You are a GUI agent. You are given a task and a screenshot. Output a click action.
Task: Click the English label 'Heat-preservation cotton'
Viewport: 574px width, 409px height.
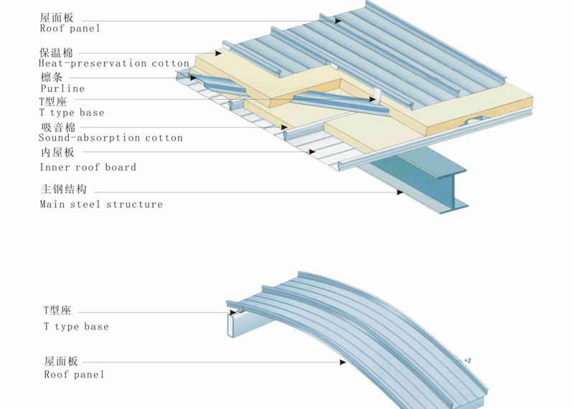[113, 64]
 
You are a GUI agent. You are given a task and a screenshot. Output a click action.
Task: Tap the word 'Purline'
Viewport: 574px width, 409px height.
[62, 89]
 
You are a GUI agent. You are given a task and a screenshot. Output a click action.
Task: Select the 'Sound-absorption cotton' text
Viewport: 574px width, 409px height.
[111, 138]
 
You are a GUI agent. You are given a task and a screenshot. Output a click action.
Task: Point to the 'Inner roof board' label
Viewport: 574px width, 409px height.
[88, 167]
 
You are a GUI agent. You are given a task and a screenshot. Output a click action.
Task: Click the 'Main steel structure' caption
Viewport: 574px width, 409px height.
[101, 204]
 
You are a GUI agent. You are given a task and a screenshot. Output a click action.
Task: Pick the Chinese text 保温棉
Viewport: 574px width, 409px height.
[57, 52]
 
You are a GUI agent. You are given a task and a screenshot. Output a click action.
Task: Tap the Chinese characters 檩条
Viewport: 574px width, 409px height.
[52, 77]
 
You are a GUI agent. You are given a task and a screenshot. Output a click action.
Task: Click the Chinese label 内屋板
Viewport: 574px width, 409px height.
[57, 152]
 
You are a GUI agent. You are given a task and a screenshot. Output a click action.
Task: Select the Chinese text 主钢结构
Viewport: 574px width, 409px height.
[64, 189]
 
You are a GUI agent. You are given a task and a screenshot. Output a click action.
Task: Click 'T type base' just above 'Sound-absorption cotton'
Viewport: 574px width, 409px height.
[72, 113]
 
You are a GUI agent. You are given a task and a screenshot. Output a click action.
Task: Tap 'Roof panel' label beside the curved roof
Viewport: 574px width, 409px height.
[74, 375]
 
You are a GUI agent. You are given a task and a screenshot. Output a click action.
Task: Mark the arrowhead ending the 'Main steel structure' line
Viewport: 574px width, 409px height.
[400, 192]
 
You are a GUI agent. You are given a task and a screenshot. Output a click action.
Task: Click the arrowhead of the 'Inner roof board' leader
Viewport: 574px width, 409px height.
[312, 151]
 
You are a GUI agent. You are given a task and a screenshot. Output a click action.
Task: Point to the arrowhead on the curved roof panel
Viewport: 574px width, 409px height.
[343, 362]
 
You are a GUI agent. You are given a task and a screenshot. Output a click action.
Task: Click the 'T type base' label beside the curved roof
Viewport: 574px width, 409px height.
[76, 326]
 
